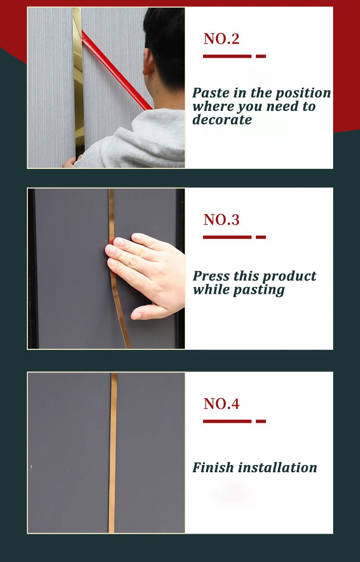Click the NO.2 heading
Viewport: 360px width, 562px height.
coord(221,39)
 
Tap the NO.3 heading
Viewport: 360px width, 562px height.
coord(221,220)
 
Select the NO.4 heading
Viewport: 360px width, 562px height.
coord(221,404)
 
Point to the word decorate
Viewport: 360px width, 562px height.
coord(222,120)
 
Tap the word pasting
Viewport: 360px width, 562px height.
coord(259,290)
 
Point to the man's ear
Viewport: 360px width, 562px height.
coord(147,61)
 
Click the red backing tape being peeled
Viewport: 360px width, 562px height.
coord(116,70)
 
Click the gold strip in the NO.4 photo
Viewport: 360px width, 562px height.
coord(113,453)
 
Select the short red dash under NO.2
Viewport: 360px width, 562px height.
coord(261,56)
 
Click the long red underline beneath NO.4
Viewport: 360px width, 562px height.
coord(227,421)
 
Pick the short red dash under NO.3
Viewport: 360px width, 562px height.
coord(261,237)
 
